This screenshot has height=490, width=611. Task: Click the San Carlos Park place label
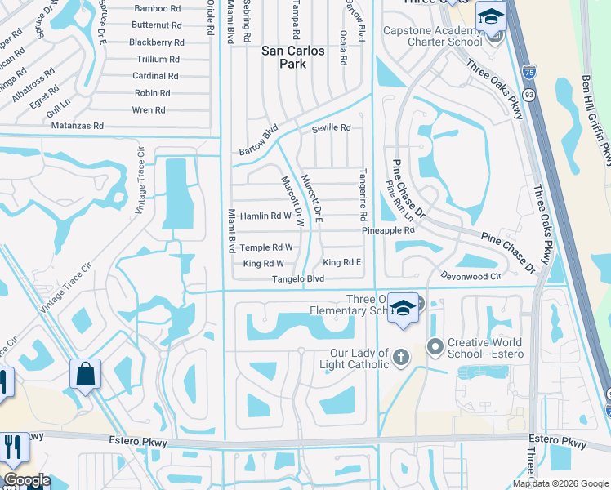pos(292,56)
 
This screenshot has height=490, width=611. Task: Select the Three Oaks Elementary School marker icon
pos(402,307)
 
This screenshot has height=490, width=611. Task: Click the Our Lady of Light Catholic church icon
pos(401,356)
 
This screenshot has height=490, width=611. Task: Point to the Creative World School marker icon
pos(435,349)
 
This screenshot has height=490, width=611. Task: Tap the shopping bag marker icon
pos(85,375)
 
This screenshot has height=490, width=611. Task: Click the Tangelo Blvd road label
pos(298,279)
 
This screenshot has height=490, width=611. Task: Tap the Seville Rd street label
pos(331,128)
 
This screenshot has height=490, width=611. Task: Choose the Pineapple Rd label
pos(389,231)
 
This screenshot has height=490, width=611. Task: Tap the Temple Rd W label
pos(266,247)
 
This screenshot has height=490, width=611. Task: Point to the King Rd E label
pos(341,262)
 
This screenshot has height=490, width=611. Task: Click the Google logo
pos(26,480)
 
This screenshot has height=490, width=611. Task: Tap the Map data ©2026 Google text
pos(560,483)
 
